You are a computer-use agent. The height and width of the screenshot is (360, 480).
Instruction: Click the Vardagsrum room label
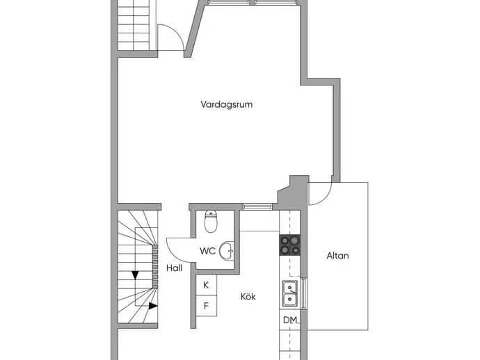tap(227, 104)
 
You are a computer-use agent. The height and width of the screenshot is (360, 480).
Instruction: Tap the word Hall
tap(174, 268)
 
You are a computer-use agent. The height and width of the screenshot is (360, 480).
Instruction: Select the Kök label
tap(248, 296)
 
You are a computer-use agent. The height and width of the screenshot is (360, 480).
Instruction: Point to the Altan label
tap(337, 255)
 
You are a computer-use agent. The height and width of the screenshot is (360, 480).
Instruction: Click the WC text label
tap(207, 251)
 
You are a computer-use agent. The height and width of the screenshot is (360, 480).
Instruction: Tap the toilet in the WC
tap(211, 222)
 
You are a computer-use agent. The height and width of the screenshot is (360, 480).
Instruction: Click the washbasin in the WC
tap(227, 251)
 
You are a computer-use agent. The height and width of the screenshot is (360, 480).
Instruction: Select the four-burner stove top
tap(289, 245)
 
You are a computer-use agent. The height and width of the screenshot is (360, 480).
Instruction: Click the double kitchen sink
tap(289, 293)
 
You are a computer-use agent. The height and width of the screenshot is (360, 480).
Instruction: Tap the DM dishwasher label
tap(290, 320)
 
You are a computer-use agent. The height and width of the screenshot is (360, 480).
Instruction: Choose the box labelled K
tap(207, 285)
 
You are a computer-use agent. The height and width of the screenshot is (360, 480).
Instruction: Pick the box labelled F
tap(207, 306)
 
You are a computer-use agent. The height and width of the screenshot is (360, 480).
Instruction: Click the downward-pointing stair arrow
tap(136, 275)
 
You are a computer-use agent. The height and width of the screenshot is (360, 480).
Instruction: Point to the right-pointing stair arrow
tap(153, 306)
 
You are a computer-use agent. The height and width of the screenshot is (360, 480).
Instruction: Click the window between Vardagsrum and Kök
tap(257, 207)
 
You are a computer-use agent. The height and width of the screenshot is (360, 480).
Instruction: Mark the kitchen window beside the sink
tap(303, 293)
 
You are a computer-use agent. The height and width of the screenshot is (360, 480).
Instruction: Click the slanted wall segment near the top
tap(195, 29)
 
